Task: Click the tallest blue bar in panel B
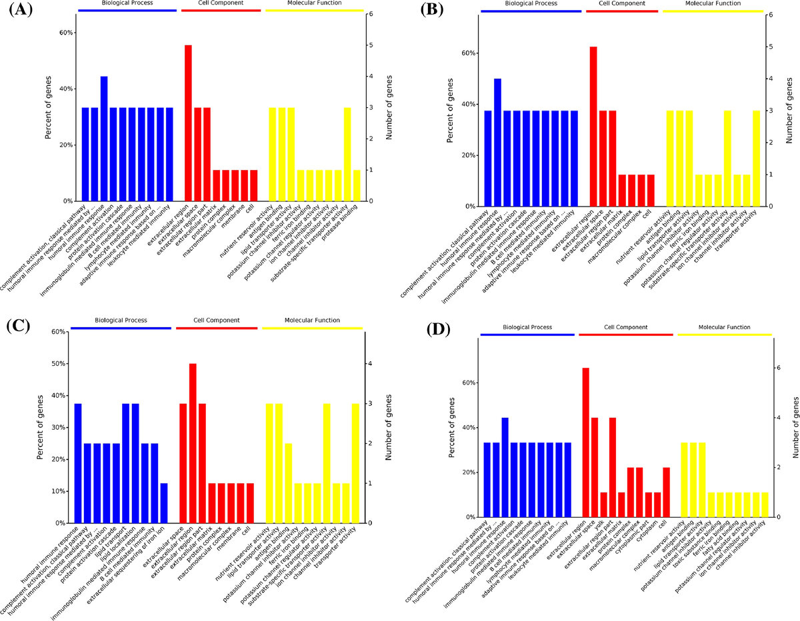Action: point(497,143)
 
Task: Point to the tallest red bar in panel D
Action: point(585,442)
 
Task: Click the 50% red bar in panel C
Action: point(193,443)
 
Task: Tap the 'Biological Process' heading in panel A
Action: point(127,3)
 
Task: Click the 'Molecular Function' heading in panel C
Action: point(313,320)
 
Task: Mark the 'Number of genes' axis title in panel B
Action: point(788,109)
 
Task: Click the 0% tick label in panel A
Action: point(67,201)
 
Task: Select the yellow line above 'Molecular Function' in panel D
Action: point(724,334)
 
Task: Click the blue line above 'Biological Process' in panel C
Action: point(121,328)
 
